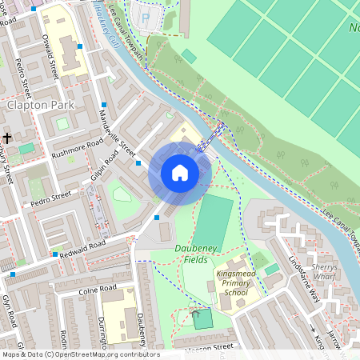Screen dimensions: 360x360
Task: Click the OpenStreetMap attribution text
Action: click(x=80, y=354)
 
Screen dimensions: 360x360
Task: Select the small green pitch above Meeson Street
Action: click(x=203, y=318)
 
